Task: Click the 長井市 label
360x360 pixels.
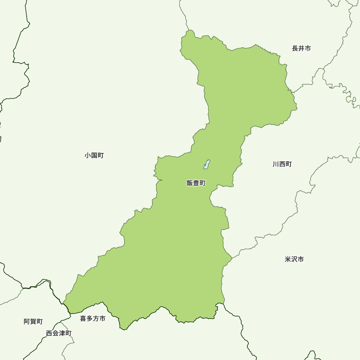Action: [301, 49]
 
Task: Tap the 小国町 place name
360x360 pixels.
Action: [94, 156]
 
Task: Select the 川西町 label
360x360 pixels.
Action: [282, 164]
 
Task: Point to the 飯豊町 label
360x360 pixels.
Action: [196, 183]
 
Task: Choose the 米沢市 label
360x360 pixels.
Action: [294, 259]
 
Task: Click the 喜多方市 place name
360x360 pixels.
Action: [93, 319]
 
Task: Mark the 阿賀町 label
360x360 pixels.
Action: [33, 321]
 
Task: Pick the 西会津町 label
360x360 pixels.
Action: [59, 333]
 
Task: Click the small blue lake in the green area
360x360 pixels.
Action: [207, 165]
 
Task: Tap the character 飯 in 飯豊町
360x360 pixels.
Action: [190, 183]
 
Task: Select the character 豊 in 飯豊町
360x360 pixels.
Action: [196, 183]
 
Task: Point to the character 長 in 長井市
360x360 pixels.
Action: [295, 49]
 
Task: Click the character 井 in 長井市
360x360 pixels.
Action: [301, 49]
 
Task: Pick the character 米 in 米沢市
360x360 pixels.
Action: [288, 259]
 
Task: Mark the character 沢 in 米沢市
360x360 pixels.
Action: [294, 259]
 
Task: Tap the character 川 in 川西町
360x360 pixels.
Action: [276, 164]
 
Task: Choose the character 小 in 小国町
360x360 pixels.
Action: [88, 156]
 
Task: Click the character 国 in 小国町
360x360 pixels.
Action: [94, 156]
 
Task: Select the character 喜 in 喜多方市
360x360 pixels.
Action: [83, 319]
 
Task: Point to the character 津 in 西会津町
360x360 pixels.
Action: [62, 333]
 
